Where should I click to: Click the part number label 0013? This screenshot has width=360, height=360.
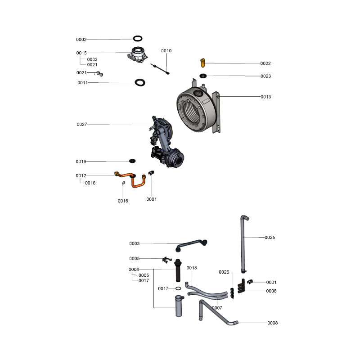click(x=266, y=97)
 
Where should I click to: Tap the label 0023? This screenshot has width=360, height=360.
click(x=265, y=76)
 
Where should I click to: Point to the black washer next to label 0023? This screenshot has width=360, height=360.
click(x=203, y=76)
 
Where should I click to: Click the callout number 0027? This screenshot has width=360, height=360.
click(x=82, y=124)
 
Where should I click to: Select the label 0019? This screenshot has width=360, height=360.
click(x=81, y=161)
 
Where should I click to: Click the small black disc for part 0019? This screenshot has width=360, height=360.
click(x=132, y=161)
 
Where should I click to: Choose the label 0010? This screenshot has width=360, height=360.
click(x=166, y=51)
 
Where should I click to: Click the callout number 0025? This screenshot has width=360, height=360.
click(x=270, y=237)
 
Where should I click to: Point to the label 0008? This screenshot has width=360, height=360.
click(x=272, y=323)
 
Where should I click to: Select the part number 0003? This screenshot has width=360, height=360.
click(x=134, y=243)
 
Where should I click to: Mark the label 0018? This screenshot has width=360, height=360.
click(x=192, y=268)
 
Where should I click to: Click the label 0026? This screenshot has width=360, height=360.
click(x=224, y=272)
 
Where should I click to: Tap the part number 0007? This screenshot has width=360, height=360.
click(x=217, y=308)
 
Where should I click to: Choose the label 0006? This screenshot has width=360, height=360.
click(x=271, y=291)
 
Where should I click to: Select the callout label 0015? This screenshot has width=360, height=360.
click(x=81, y=53)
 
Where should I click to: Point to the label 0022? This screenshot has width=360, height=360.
click(x=265, y=63)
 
